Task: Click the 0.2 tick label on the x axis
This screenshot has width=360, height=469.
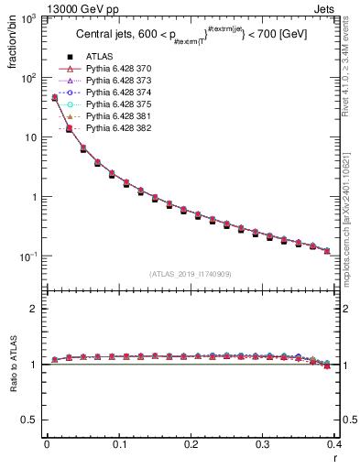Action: tap(191, 444)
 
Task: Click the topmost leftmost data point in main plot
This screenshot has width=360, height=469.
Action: tap(54, 97)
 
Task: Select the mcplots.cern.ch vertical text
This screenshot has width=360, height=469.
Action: tap(352, 229)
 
